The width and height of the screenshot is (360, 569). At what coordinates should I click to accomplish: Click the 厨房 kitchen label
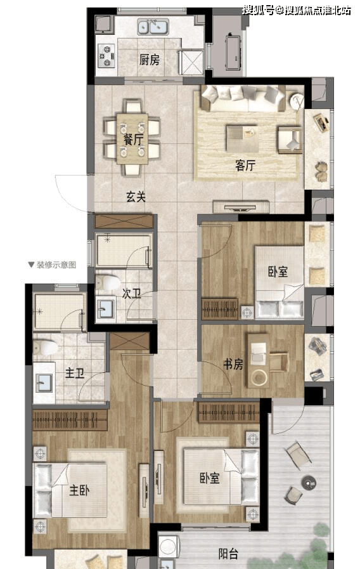coord(150,60)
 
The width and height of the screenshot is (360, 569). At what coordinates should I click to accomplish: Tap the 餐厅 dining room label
coord(132,139)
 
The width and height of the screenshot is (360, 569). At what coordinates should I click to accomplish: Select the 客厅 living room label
coord(245,166)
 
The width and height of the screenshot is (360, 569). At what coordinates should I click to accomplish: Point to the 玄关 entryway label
coord(136,197)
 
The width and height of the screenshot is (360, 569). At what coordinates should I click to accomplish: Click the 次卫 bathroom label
coord(132,294)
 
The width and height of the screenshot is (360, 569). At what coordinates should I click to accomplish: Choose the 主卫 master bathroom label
coord(75,373)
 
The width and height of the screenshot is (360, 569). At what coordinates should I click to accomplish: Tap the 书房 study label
coord(233,364)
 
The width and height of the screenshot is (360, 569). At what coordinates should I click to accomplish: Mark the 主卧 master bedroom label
coord(79,490)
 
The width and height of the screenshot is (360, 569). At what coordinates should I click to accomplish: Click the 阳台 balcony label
coord(228,554)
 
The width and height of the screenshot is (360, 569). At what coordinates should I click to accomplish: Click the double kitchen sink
coord(153,27)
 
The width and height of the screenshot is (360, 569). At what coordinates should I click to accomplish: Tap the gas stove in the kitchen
coord(106,56)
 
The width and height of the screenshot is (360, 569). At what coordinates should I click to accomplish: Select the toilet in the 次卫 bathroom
coord(107,282)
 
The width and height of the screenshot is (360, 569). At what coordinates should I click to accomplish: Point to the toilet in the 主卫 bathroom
coord(46,348)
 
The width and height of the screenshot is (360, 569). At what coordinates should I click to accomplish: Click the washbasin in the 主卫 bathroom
coord(44,382)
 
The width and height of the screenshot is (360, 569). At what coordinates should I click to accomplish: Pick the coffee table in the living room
coord(241,138)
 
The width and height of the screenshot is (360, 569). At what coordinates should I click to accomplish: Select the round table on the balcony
coord(309,483)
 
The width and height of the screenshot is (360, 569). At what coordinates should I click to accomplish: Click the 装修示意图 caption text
coord(56,265)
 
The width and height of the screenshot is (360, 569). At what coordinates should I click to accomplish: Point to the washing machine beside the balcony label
coord(169,545)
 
